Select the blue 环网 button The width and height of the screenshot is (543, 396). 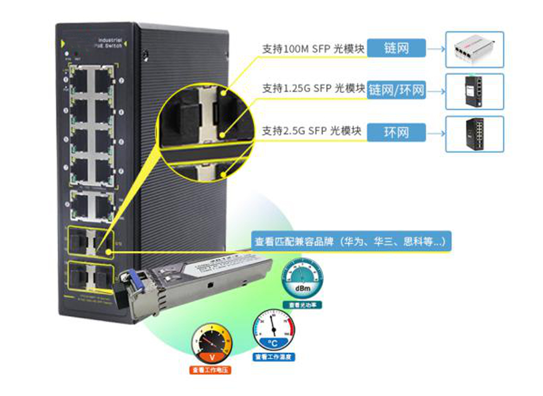396,132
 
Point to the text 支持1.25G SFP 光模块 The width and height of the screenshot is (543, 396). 313,88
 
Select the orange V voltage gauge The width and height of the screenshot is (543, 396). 211,344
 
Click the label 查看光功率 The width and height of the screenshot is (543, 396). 302,305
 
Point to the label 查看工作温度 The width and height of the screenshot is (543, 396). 274,357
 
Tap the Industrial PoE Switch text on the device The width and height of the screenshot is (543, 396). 109,44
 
